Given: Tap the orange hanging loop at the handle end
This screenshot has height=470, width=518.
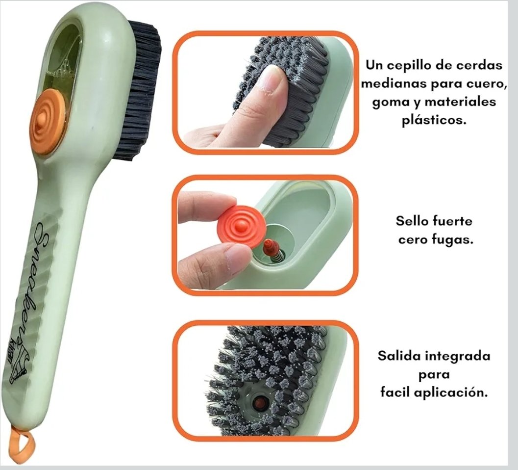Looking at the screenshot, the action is click(23, 447).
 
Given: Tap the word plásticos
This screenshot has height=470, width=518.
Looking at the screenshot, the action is click(434, 119).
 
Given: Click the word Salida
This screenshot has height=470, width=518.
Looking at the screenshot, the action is click(398, 356).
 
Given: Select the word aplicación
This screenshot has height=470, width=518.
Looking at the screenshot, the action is click(451, 392).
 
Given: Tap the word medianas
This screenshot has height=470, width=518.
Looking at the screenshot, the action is click(393, 83).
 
